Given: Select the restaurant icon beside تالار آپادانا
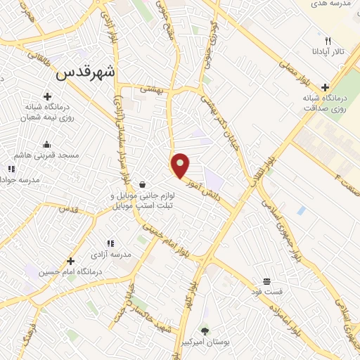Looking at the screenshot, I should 328,40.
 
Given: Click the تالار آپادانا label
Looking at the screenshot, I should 328,52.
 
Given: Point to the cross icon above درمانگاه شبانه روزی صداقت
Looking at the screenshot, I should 323,86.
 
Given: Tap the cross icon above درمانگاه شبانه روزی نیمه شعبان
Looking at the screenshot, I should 47,96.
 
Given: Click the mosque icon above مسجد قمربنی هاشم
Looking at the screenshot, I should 47,145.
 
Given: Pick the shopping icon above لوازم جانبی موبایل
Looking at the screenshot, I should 143,185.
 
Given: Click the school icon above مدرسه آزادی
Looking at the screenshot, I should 110,243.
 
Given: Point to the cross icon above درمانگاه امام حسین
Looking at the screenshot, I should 70,261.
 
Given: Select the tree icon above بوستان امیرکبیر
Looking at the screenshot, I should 205,330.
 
